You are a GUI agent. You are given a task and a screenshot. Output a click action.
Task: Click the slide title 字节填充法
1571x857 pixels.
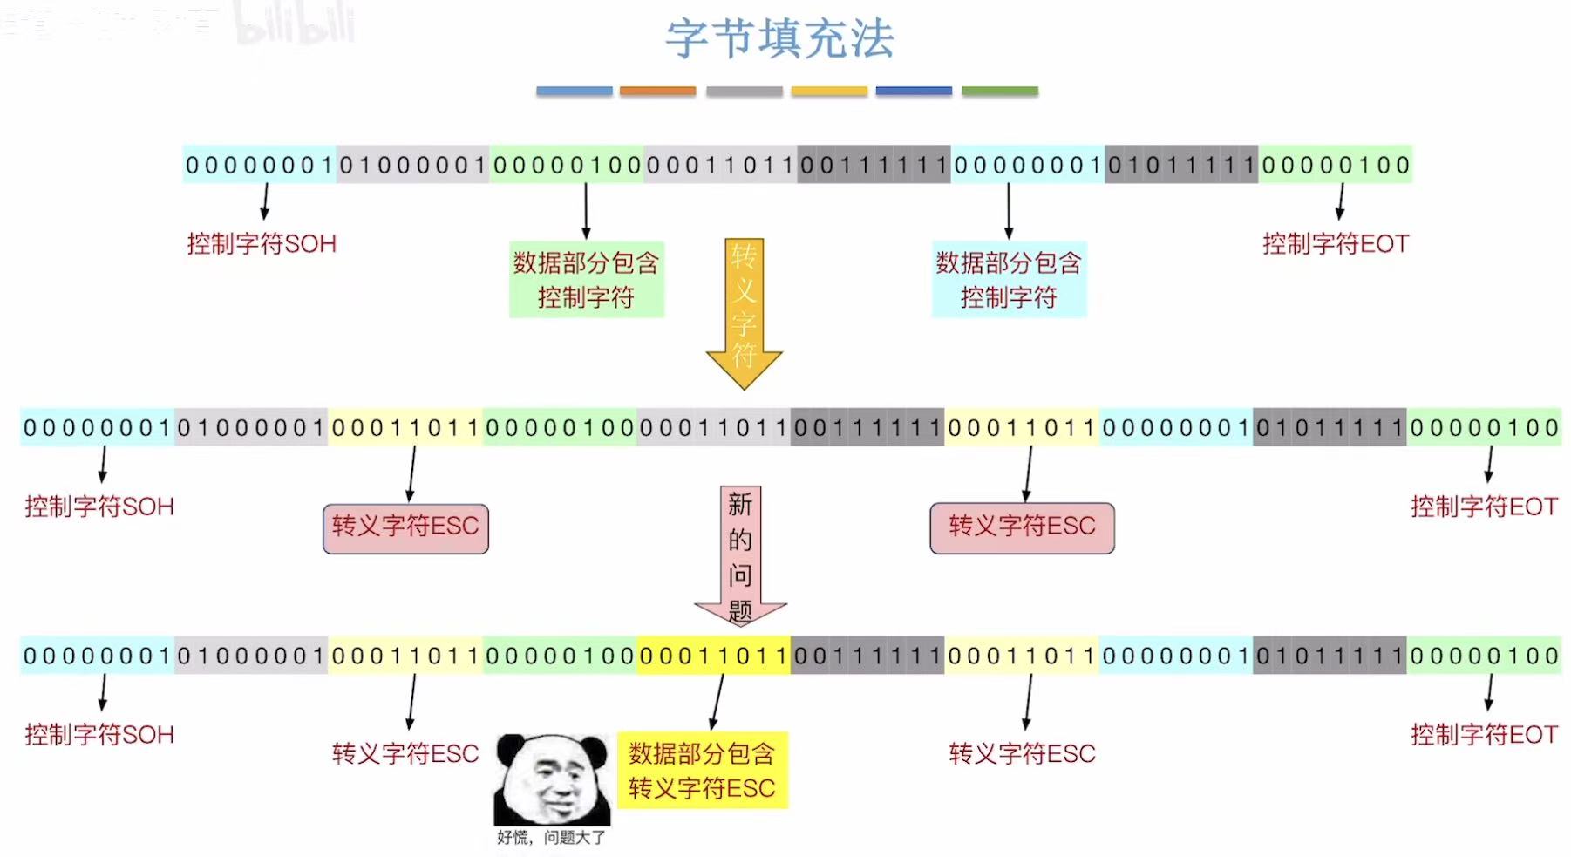[780, 39]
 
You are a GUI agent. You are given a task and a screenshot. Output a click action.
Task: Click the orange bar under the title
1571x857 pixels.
[657, 91]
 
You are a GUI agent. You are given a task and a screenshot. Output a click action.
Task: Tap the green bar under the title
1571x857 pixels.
[1000, 91]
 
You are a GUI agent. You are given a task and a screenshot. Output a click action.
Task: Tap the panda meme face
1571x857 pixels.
[552, 779]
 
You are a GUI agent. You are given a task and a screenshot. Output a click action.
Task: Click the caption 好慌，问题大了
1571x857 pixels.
[550, 838]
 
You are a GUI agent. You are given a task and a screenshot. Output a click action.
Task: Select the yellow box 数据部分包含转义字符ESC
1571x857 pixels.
[702, 771]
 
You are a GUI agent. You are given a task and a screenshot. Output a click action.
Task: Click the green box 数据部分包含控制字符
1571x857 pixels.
[586, 280]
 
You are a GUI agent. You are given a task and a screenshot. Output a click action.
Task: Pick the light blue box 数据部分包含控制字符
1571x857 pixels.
[1009, 280]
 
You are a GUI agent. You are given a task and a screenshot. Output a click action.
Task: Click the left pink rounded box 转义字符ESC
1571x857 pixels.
[405, 527]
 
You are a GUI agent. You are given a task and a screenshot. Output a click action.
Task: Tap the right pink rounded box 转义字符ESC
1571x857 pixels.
[1022, 527]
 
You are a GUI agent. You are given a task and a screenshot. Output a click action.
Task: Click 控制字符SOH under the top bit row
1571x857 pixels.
[262, 244]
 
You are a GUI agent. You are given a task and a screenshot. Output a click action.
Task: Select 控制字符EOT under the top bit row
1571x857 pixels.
[1336, 244]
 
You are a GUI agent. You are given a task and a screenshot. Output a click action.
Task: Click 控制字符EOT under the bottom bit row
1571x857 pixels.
[1484, 735]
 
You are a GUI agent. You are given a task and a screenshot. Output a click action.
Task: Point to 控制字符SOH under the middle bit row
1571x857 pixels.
[99, 507]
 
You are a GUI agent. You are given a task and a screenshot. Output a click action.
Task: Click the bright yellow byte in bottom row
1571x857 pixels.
[713, 656]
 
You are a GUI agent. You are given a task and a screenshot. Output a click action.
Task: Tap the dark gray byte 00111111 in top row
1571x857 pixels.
[874, 165]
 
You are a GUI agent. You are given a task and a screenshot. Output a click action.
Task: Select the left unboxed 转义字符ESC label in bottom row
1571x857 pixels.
[405, 754]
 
